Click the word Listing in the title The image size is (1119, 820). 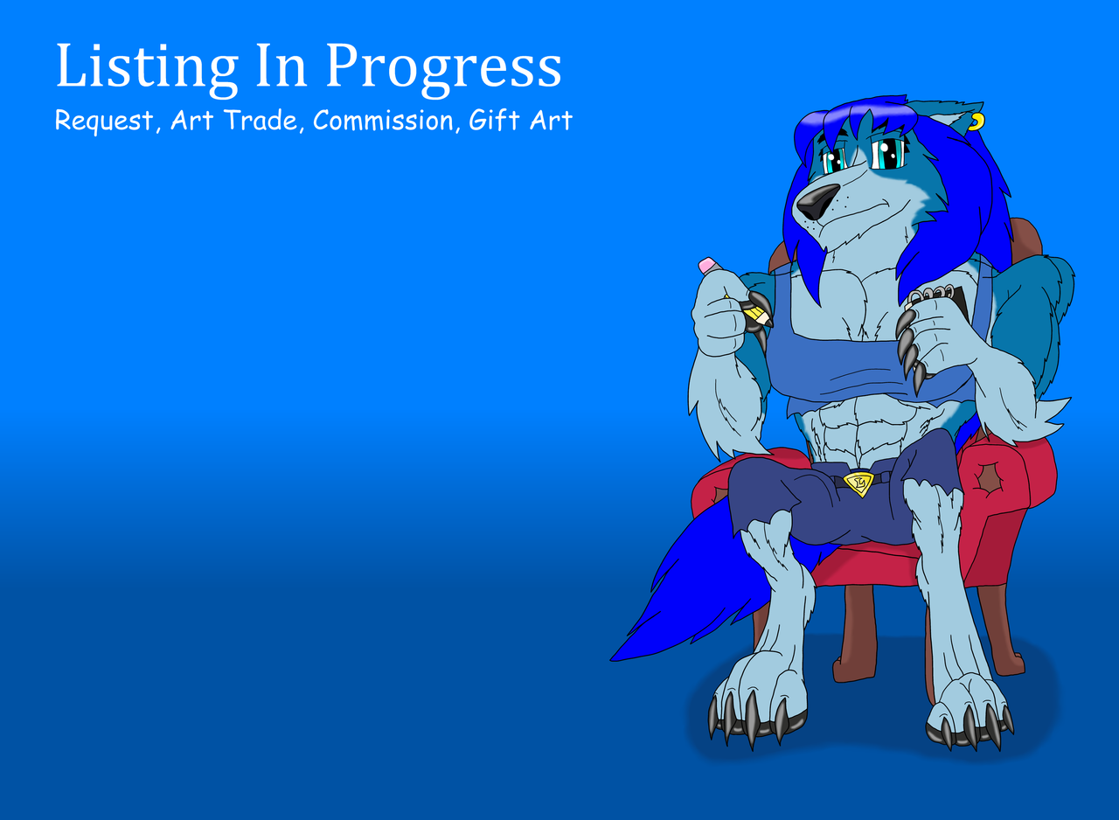point(147,67)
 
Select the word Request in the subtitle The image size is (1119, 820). point(104,122)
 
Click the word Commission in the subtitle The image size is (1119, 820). point(383,121)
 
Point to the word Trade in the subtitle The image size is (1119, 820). point(261,121)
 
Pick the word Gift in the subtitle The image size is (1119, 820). point(488,121)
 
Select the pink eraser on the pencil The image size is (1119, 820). point(709,265)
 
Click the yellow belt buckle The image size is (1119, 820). point(859,483)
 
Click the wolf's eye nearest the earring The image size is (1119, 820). point(890,155)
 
